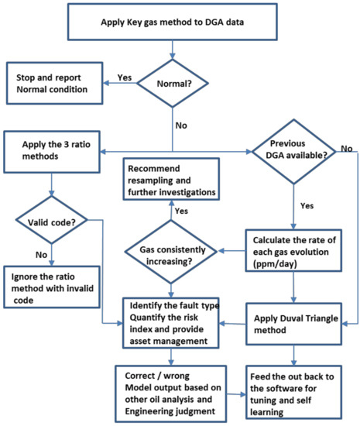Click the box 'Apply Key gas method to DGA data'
point(172,21)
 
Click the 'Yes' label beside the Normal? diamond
point(124,77)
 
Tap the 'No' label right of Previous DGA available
point(345,147)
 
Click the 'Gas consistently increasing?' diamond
point(172,251)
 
